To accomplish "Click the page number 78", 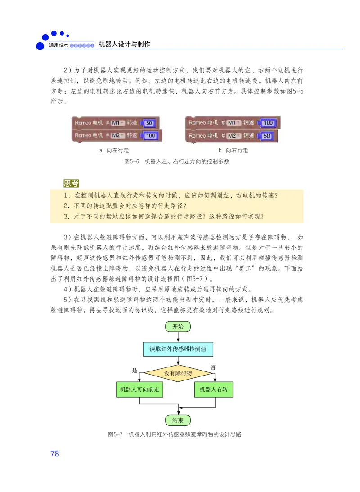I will click(54, 453).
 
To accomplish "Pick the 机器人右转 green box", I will click(214, 389).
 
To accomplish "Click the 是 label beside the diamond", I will click(134, 371).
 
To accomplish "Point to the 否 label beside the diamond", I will click(213, 367).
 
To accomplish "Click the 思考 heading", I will click(71, 183).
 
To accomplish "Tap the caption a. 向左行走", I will click(114, 150).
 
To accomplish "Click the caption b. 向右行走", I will click(233, 150).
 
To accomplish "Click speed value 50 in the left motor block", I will click(150, 123).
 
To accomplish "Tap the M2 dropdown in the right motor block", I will click(232, 135).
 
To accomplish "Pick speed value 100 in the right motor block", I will click(268, 123).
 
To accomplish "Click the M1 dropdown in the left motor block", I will click(116, 123).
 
